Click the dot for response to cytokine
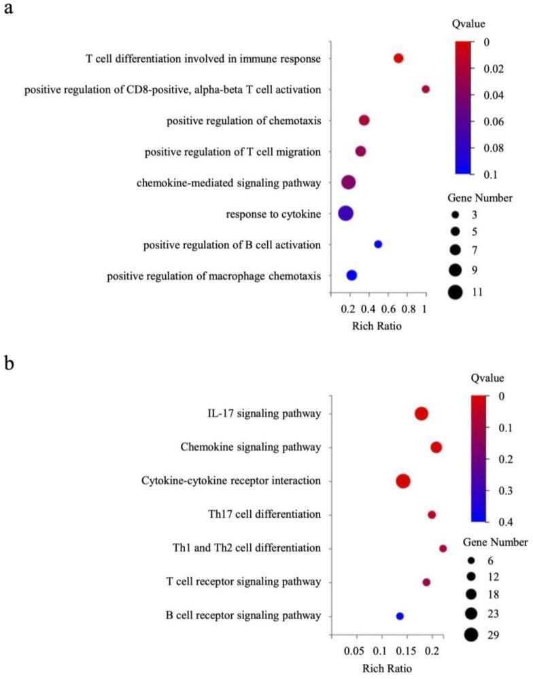345,213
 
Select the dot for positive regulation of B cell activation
378,244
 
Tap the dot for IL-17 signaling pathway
421,414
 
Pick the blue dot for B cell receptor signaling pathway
400,616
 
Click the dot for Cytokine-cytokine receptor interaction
402,481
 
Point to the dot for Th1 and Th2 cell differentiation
443,548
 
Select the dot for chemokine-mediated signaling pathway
348,182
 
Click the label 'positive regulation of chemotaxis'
243,120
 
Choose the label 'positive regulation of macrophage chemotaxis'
214,276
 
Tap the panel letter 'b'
10,362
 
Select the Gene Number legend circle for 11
455,292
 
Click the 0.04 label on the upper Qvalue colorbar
511,95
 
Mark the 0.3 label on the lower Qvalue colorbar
506,491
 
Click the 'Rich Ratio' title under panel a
377,326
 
